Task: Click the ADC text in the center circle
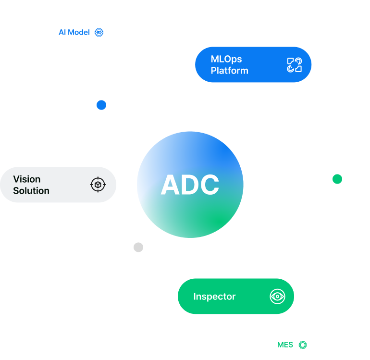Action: tap(190, 185)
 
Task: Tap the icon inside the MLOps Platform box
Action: tap(294, 65)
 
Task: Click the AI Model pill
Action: tap(81, 33)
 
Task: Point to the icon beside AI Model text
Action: tap(99, 33)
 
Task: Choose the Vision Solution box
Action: tap(58, 185)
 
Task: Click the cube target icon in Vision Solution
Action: tap(98, 185)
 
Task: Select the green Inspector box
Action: tap(235, 296)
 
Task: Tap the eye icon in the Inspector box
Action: tap(277, 296)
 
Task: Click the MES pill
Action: tap(290, 345)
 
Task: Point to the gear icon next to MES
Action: tap(302, 345)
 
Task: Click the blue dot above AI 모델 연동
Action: tap(101, 105)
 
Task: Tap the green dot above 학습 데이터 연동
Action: tap(337, 179)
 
